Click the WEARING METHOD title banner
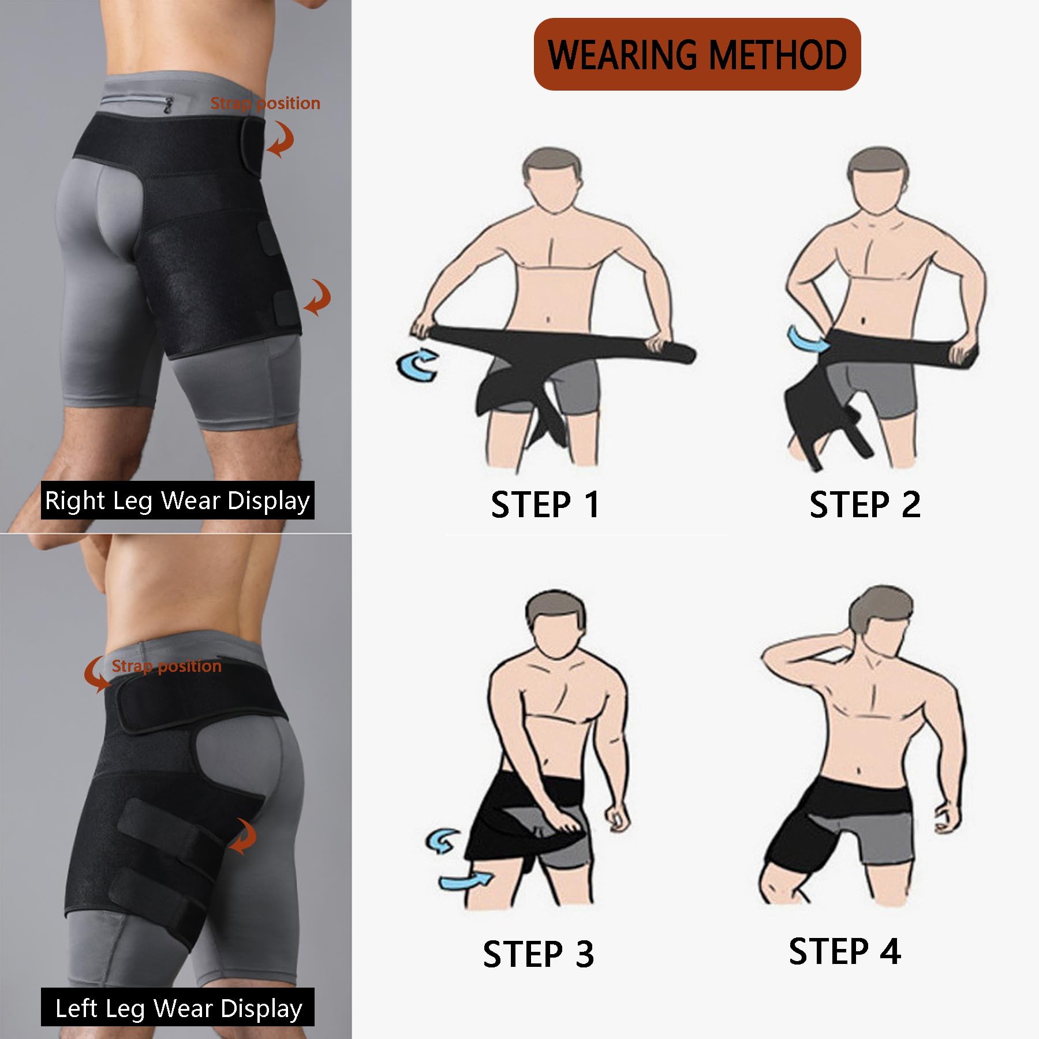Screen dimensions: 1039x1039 click(697, 54)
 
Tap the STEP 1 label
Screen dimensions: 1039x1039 click(545, 504)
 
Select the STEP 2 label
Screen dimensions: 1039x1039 click(865, 504)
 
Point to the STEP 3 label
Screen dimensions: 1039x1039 click(538, 954)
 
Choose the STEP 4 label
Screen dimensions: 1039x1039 click(844, 951)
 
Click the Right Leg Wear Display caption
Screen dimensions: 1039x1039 click(178, 500)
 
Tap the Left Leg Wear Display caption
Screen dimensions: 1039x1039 click(178, 1007)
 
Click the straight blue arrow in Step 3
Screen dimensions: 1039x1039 click(465, 881)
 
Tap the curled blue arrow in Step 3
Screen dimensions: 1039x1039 click(442, 841)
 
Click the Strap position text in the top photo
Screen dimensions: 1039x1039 click(265, 103)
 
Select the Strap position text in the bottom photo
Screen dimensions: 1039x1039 click(166, 666)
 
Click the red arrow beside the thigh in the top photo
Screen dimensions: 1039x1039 click(319, 298)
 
